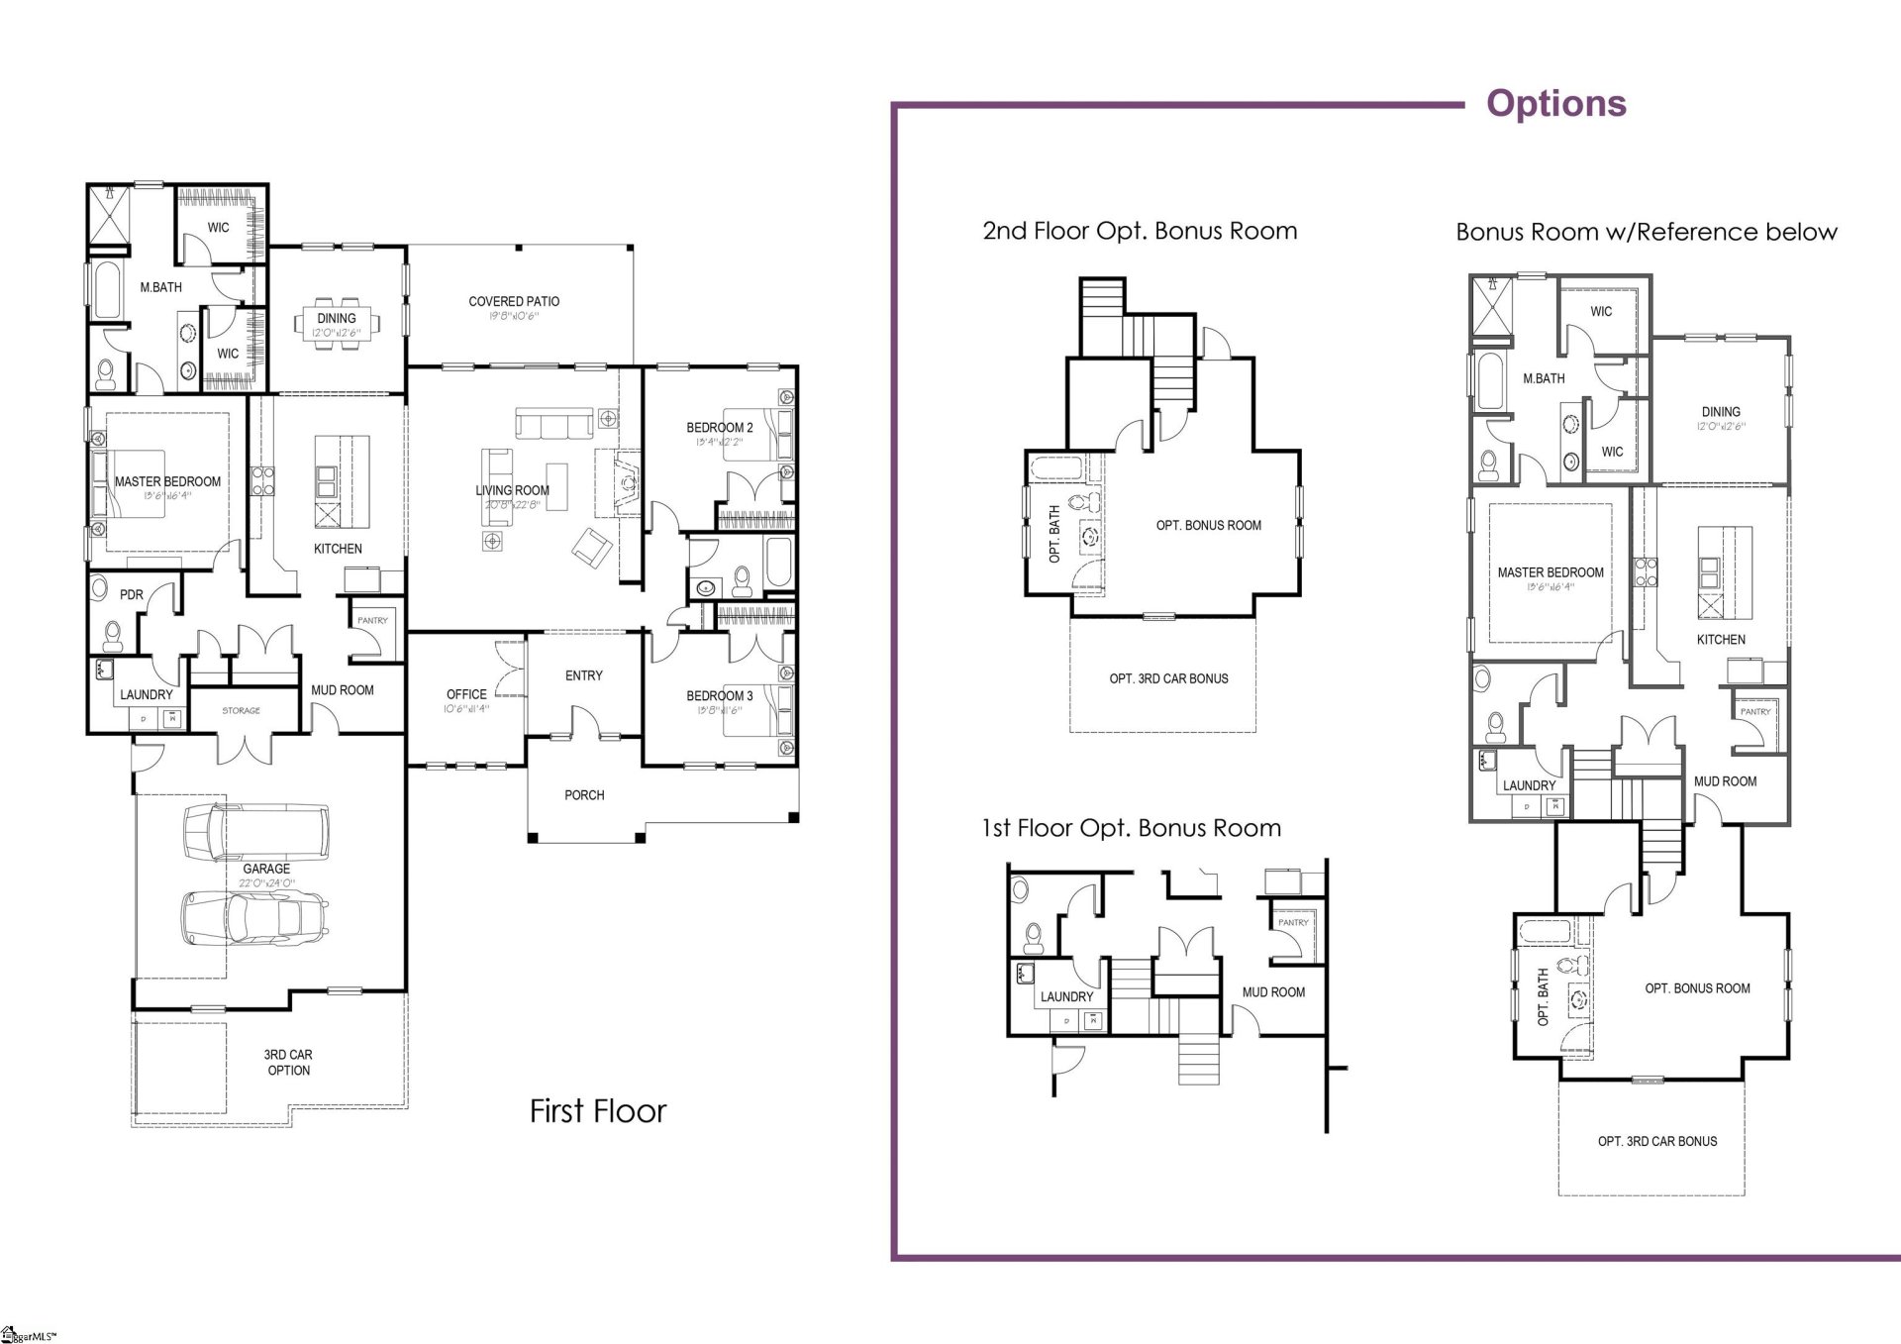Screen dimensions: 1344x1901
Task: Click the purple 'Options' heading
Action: click(x=1555, y=104)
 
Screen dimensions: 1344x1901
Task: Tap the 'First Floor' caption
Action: click(x=598, y=1111)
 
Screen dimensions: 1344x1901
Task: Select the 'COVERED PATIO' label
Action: click(x=514, y=301)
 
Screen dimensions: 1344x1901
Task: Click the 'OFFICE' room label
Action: click(x=466, y=694)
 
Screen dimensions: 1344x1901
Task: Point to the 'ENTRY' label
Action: click(x=583, y=675)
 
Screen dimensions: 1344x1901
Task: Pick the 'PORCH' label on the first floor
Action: click(x=584, y=794)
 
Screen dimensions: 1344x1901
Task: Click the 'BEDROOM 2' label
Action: click(x=720, y=428)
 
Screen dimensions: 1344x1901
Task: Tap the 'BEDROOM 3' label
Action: click(x=720, y=695)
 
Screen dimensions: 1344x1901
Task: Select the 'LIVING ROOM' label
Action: click(x=512, y=490)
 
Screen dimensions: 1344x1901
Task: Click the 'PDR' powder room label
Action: click(x=132, y=595)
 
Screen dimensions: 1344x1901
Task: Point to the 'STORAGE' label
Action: click(x=242, y=710)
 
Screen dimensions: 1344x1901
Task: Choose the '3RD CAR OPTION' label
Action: click(x=288, y=1063)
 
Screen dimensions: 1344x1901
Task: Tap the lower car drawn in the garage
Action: click(x=254, y=918)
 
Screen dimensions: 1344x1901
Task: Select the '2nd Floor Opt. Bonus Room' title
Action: click(x=1140, y=232)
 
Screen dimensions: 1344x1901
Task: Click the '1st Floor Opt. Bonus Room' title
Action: click(x=1131, y=828)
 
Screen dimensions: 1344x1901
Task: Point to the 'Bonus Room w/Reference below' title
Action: click(x=1646, y=233)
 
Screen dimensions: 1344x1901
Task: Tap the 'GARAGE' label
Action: click(x=266, y=869)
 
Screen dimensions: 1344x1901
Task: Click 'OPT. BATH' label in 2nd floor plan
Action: click(x=1054, y=534)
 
